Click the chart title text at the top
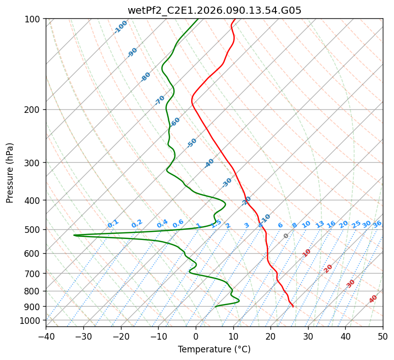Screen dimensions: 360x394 click(x=214, y=10)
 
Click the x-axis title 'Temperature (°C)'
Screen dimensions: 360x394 click(x=214, y=349)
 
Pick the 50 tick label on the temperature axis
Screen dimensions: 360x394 click(x=383, y=336)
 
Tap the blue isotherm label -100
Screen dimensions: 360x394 click(x=120, y=27)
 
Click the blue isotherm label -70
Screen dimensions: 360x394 click(x=160, y=100)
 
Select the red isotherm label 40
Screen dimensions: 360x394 click(x=373, y=299)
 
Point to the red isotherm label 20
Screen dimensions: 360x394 click(x=328, y=268)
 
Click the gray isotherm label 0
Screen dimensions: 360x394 click(x=286, y=236)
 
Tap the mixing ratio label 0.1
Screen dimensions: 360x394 click(x=113, y=224)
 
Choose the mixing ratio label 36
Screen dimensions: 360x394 click(x=377, y=224)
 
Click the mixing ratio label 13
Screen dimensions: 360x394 click(x=320, y=224)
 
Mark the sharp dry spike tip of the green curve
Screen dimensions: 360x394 click(x=74, y=235)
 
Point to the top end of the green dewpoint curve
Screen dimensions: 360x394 click(x=198, y=19)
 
